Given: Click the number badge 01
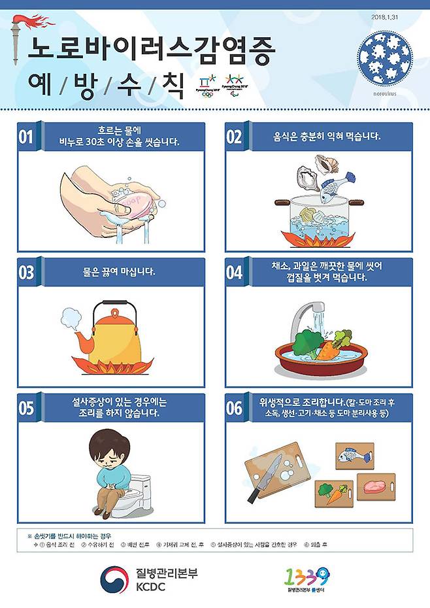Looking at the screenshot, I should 26,137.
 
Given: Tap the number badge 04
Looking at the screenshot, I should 234,273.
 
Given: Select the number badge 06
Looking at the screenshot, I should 234,408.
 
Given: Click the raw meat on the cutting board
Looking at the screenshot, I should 373,486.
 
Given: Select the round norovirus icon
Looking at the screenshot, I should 385,58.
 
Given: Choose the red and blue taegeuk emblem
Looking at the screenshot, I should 114,579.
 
